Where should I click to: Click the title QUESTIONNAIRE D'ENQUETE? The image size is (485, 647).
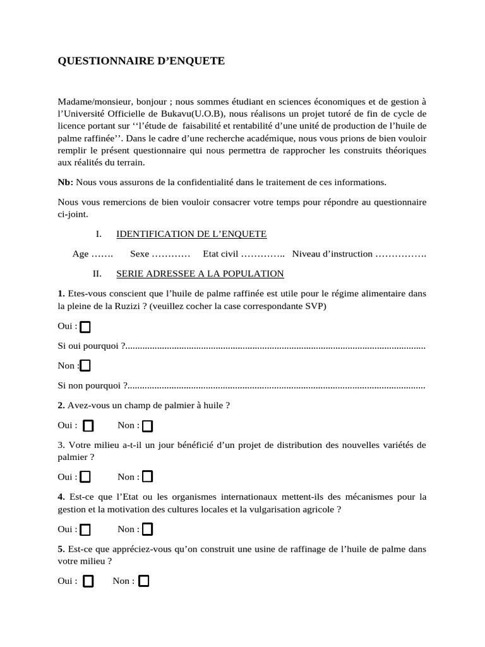click(141, 61)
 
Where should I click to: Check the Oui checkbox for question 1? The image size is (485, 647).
click(85, 327)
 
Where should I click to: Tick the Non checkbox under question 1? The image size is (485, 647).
click(85, 366)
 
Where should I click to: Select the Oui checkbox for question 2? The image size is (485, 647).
click(88, 426)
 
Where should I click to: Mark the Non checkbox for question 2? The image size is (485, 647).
click(147, 426)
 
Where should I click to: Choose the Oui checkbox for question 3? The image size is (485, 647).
click(85, 477)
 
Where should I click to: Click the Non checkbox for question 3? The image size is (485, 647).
click(147, 477)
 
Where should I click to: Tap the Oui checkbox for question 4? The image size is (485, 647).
click(85, 529)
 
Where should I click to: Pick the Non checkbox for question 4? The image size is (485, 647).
click(147, 529)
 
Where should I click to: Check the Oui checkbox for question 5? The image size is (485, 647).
click(88, 581)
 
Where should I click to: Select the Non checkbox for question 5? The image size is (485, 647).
click(143, 581)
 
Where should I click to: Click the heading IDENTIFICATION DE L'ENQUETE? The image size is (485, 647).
click(191, 234)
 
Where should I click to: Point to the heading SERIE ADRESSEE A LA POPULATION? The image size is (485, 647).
click(200, 274)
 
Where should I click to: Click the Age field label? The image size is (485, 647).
click(81, 254)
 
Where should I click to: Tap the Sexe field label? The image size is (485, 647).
click(140, 254)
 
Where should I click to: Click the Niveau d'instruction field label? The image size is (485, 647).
click(332, 254)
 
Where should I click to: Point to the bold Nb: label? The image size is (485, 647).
click(65, 183)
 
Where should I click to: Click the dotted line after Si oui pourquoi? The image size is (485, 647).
click(275, 347)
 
